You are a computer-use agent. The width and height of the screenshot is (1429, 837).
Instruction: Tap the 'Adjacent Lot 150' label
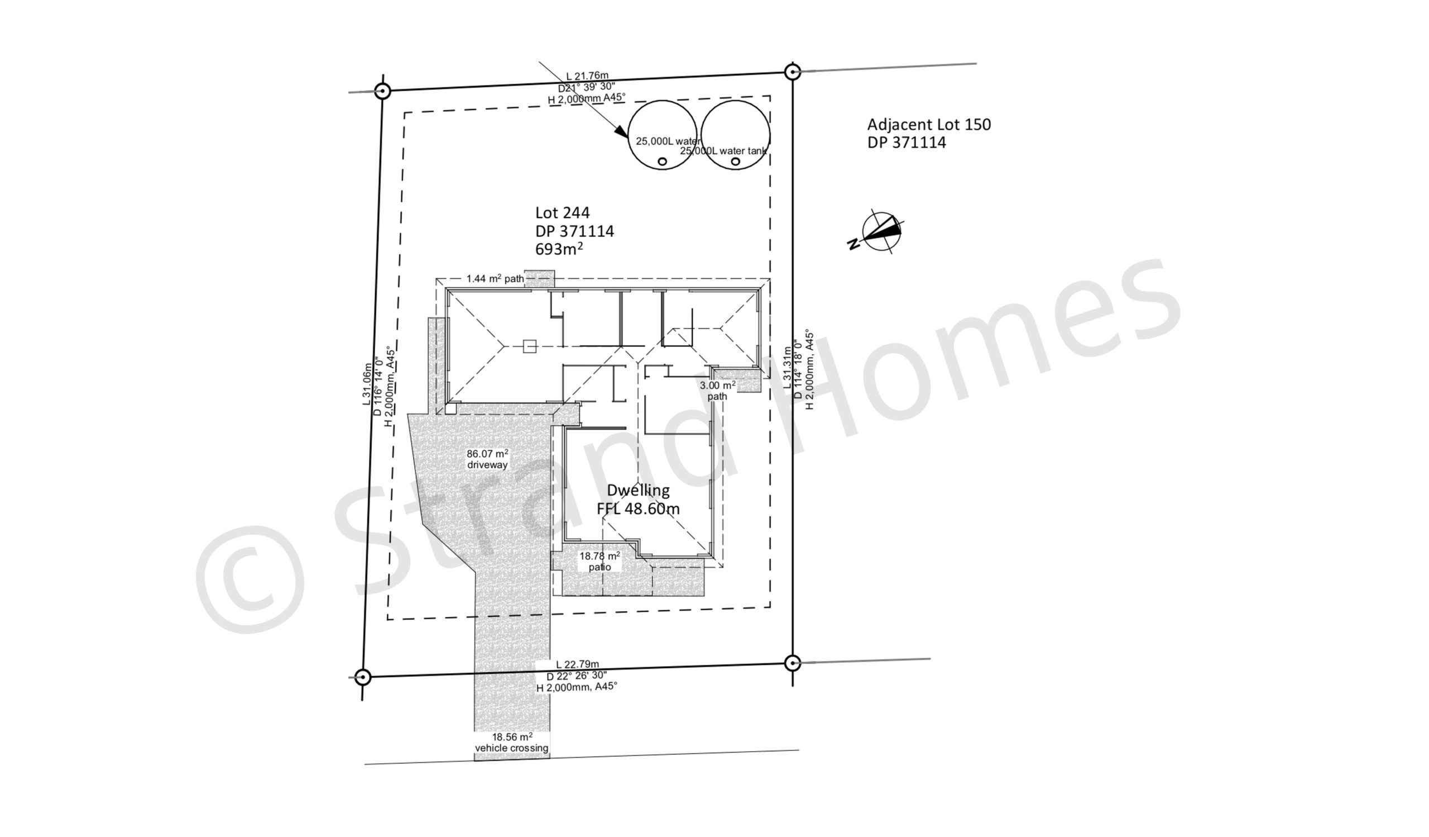(929, 124)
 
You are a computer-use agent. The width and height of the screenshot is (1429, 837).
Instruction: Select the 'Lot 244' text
(563, 213)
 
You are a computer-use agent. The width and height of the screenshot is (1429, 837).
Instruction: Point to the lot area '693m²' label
(559, 249)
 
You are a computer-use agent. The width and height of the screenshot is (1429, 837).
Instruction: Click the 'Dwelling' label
(638, 489)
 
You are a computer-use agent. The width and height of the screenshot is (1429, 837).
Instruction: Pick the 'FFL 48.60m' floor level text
(638, 508)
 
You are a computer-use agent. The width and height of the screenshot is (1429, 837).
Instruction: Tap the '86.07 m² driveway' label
(487, 459)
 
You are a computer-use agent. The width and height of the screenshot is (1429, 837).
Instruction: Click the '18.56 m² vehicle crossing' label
(511, 742)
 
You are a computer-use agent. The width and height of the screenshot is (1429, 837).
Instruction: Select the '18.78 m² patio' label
(600, 561)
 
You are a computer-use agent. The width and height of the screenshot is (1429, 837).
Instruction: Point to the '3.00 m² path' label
(717, 391)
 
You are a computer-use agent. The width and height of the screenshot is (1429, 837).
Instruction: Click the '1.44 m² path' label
(495, 279)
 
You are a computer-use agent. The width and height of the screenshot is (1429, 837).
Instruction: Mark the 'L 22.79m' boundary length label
(577, 664)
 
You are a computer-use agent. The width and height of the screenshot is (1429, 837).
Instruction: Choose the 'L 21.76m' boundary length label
(587, 75)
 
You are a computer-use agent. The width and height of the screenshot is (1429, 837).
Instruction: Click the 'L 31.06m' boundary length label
(367, 384)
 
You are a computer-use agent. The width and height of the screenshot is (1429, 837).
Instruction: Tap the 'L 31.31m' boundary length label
(787, 367)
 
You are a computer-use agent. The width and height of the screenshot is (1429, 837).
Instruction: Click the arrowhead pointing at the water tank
(622, 132)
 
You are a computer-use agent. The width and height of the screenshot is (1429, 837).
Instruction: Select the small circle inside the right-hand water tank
(736, 161)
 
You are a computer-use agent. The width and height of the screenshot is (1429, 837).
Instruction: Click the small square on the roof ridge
(529, 346)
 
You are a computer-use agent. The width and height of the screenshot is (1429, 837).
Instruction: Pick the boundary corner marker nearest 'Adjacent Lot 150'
(792, 72)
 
